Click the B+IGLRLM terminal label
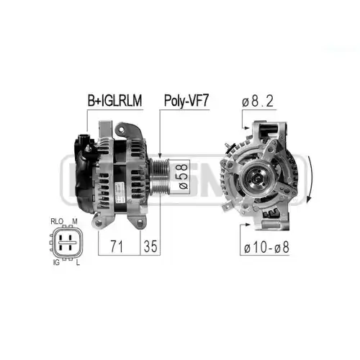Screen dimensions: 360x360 (x=114, y=101)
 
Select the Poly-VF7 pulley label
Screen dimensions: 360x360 (x=186, y=101)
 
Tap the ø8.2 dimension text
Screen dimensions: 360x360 (x=258, y=102)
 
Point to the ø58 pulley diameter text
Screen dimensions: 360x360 (x=184, y=176)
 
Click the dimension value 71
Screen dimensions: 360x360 (x=117, y=246)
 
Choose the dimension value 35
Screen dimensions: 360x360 (x=150, y=246)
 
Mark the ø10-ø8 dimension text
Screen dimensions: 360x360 (x=266, y=248)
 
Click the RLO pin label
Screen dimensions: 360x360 (x=57, y=221)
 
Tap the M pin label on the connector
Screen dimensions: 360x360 (x=75, y=221)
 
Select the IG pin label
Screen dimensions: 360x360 (x=56, y=263)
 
